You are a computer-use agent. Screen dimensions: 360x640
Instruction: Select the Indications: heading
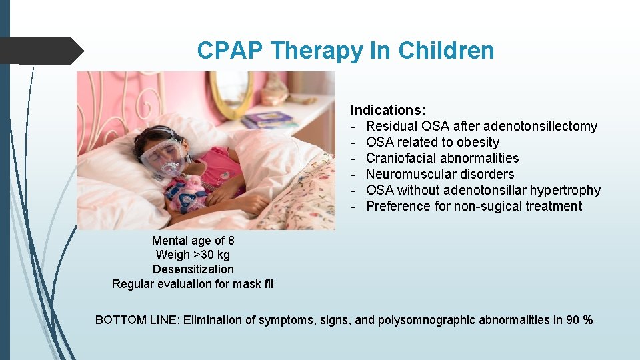pyautogui.click(x=388, y=110)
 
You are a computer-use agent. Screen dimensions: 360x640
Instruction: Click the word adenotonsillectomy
pyautogui.click(x=540, y=126)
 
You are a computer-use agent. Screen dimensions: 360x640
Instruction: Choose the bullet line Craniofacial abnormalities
pyautogui.click(x=442, y=158)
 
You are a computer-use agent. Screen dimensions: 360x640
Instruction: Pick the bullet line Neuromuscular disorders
pyautogui.click(x=440, y=174)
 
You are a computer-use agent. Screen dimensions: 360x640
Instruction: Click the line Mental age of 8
pyautogui.click(x=193, y=241)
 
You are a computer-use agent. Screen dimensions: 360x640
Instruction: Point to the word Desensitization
pyautogui.click(x=193, y=269)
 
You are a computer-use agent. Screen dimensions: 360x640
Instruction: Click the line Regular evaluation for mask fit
pyautogui.click(x=193, y=284)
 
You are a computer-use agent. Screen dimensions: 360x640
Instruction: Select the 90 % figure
pyautogui.click(x=579, y=320)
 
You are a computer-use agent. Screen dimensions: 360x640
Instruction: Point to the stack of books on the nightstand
pyautogui.click(x=267, y=120)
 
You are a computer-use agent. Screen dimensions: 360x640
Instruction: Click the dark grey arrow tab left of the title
pyautogui.click(x=40, y=51)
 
